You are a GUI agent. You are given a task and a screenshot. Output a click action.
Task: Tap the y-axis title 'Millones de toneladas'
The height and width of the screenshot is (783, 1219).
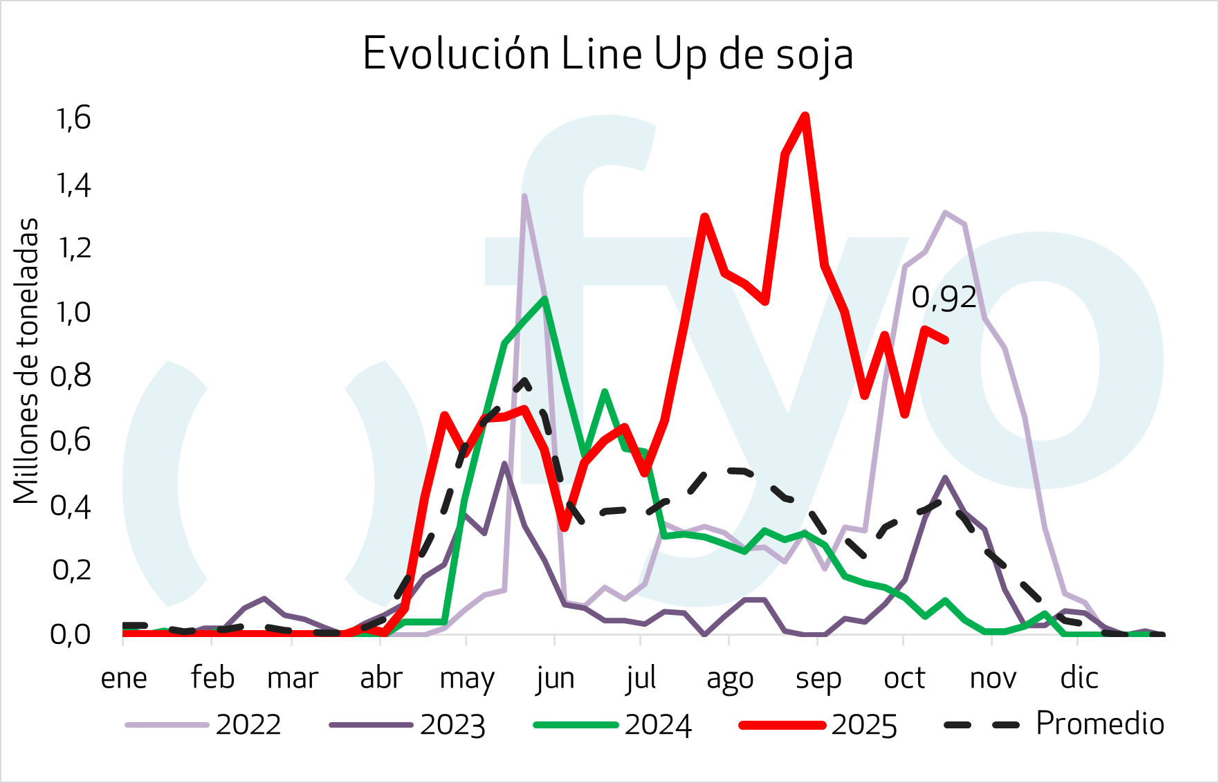[26, 360]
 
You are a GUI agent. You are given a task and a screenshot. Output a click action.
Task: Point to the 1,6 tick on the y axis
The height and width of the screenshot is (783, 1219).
[73, 119]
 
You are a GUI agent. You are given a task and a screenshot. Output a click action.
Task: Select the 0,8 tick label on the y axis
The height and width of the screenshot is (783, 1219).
[71, 376]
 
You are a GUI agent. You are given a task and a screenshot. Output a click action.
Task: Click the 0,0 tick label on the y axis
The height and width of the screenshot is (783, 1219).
[71, 634]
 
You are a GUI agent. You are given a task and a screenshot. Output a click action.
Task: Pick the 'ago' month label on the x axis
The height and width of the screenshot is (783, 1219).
[729, 679]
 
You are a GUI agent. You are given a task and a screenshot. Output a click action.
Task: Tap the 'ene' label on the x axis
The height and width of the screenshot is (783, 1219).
[124, 679]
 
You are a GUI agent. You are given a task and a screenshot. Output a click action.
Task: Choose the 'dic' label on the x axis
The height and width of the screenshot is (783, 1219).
[1079, 679]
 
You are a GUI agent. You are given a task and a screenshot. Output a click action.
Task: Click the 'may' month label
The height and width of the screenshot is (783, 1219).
[467, 679]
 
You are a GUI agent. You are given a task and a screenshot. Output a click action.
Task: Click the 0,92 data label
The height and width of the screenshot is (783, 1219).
[944, 297]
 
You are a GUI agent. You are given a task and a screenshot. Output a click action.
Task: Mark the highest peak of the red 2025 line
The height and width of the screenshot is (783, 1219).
[805, 116]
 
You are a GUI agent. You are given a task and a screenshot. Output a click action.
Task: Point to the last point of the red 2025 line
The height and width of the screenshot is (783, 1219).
[946, 340]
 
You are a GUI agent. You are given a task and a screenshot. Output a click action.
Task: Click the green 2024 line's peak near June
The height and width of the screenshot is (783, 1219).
[545, 299]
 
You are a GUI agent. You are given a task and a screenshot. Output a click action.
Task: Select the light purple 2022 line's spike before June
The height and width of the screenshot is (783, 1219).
[524, 196]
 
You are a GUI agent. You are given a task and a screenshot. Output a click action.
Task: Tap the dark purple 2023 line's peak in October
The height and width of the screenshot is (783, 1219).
[945, 477]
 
